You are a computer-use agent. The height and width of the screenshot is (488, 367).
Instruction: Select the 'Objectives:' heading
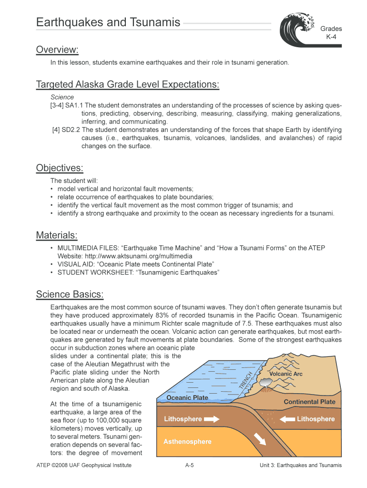(60, 168)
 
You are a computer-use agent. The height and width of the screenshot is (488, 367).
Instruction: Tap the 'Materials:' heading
(57, 235)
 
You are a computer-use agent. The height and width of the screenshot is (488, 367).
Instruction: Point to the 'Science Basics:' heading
(70, 294)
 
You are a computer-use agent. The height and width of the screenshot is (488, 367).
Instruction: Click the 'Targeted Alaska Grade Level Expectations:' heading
(128, 85)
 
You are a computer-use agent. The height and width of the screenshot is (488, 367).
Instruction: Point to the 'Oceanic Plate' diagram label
(187, 397)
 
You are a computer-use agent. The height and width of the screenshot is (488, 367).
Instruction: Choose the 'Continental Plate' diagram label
(309, 402)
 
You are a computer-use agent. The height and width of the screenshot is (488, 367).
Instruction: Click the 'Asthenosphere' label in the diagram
(187, 441)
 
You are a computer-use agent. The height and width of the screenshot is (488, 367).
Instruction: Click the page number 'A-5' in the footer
(189, 465)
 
